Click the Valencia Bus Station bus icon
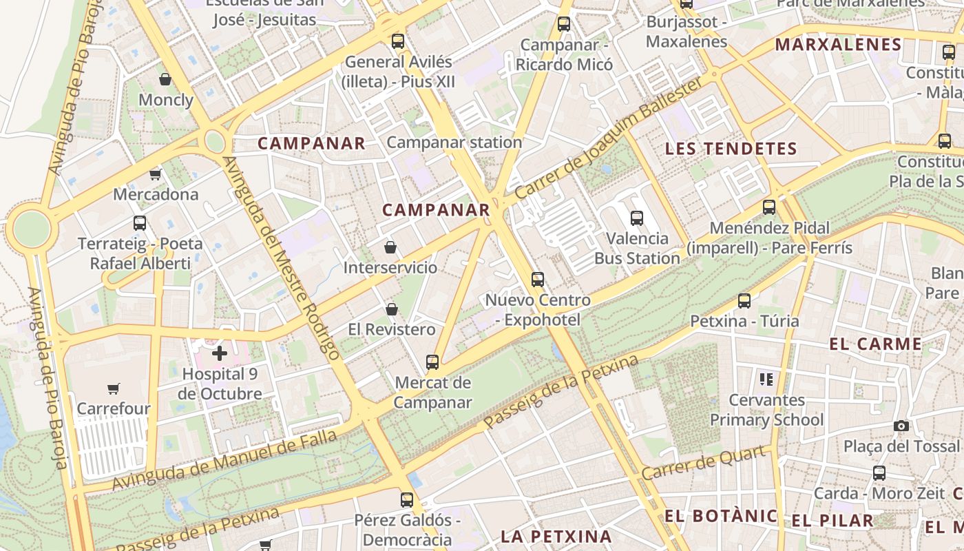pos(637,218)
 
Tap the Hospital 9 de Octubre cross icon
pos(220,353)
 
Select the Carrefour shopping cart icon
pos(114,388)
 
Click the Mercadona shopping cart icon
pos(156,174)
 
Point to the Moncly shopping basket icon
pos(165,79)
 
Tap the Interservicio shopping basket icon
pos(390,247)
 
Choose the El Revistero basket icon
pos(392,309)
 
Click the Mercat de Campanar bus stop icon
pos(432,362)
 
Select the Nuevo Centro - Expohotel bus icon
pos(538,280)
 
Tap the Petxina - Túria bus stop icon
pos(744,300)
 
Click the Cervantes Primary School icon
pos(766,379)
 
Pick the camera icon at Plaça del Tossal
pos(901,426)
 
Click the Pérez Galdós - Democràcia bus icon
pos(407,499)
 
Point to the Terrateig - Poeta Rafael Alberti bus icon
pos(140,223)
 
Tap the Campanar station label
pos(454,143)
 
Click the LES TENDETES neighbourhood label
pos(731,149)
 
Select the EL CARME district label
pos(875,344)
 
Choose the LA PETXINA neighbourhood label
pos(556,536)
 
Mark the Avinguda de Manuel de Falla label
pos(224,460)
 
